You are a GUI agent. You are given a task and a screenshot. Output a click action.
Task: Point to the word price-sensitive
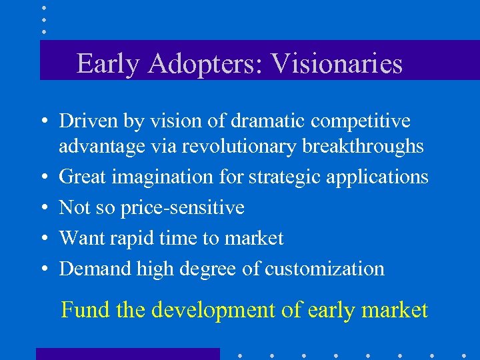point(182,207)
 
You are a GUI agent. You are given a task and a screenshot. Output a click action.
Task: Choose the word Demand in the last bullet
point(95,269)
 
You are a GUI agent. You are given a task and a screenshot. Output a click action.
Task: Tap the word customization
point(325,269)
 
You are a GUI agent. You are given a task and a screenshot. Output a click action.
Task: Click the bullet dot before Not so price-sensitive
point(42,208)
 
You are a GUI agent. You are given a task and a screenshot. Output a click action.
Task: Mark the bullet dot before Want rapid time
point(42,239)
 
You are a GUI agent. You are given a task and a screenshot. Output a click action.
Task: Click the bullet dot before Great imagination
point(42,177)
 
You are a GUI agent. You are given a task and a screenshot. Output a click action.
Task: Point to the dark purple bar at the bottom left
point(127,354)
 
